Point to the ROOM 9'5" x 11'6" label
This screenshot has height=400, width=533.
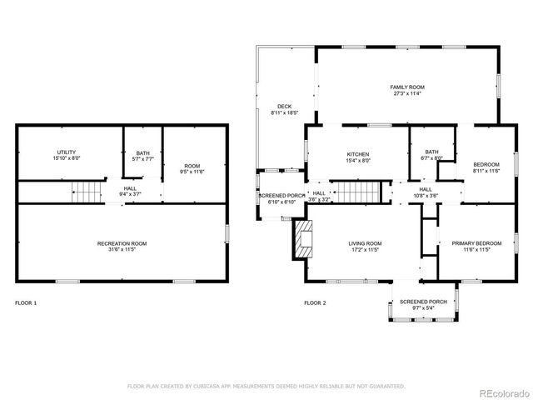click(192, 167)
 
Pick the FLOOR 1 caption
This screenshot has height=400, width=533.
click(26, 302)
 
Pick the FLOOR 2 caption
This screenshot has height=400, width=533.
click(315, 302)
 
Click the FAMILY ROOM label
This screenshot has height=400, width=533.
click(407, 90)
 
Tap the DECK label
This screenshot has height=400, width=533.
click(284, 109)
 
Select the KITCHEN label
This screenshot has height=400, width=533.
click(358, 157)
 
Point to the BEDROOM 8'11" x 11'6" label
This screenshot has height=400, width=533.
click(486, 167)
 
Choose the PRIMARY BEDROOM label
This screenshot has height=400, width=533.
click(471, 246)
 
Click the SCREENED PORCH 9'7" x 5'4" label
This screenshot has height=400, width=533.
click(423, 305)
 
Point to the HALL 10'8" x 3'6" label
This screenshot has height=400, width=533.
click(426, 192)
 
